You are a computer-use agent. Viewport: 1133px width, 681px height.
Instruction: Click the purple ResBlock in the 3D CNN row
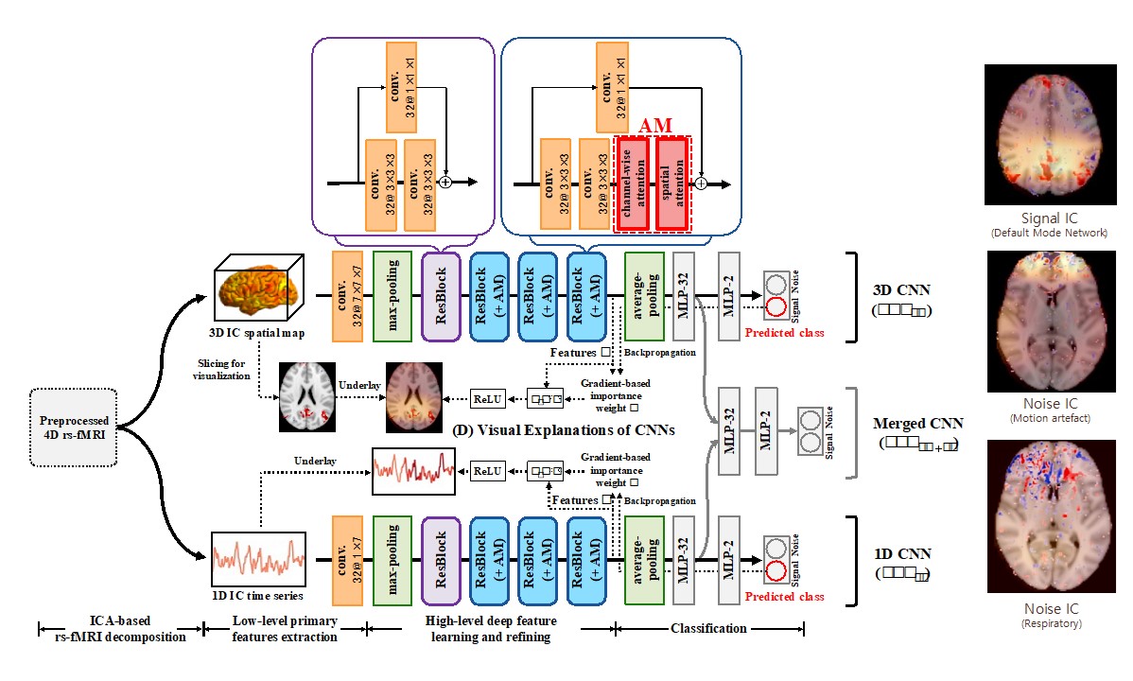tap(440, 296)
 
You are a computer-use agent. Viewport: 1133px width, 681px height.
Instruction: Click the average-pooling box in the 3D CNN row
tap(644, 296)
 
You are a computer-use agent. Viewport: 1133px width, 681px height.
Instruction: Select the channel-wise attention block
tap(632, 184)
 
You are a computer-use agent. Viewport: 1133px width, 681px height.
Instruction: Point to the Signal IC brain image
tap(1046, 134)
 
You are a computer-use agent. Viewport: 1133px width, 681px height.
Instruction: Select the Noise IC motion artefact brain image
tap(1046, 321)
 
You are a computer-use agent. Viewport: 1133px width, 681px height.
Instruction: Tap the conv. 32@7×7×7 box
tap(348, 296)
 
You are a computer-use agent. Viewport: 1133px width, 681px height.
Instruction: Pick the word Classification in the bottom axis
tap(709, 628)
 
